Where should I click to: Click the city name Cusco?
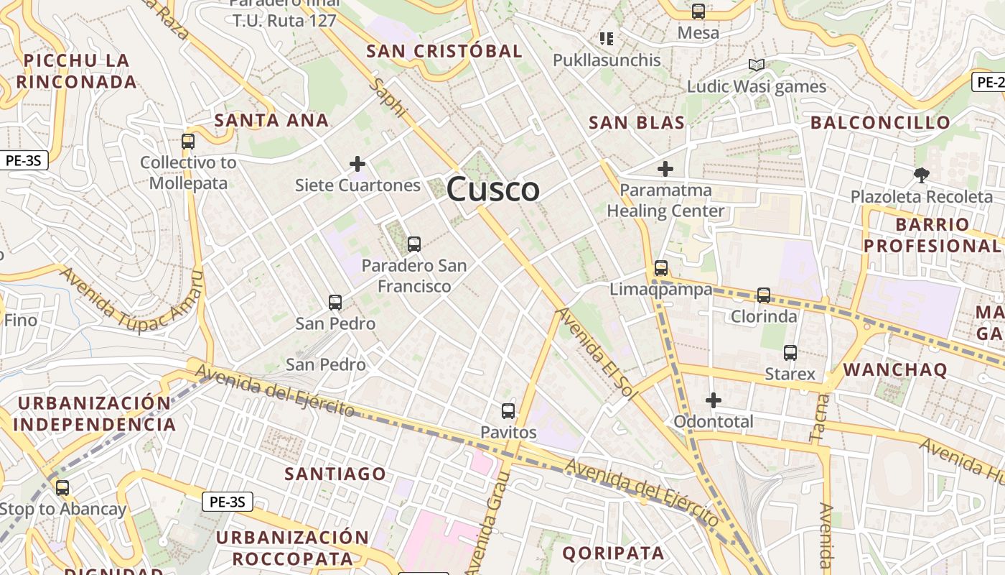[x=493, y=190]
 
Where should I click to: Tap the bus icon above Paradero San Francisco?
[x=414, y=244]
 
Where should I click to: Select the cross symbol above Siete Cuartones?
[x=357, y=164]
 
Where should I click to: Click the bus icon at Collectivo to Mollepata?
[x=188, y=142]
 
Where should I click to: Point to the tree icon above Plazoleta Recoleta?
[x=921, y=175]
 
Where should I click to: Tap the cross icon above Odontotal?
[x=714, y=400]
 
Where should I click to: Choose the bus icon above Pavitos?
[x=508, y=411]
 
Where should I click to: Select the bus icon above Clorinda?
[x=764, y=295]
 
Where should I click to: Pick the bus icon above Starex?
[x=790, y=353]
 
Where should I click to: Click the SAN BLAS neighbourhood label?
[x=637, y=123]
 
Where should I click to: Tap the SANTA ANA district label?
[x=271, y=120]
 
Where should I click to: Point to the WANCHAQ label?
[x=895, y=370]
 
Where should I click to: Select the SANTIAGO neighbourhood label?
[x=335, y=474]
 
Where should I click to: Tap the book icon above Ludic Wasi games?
[x=756, y=65]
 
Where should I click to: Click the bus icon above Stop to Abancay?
[x=62, y=488]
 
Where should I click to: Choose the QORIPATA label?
[x=613, y=553]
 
